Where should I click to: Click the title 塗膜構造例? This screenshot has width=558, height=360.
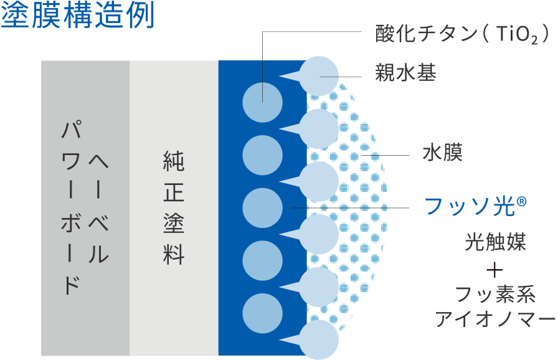[x=78, y=14]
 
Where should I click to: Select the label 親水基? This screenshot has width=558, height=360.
[x=405, y=73]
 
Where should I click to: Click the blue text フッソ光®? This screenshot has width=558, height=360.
[x=475, y=206]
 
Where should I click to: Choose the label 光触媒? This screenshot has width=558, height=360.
[x=495, y=242]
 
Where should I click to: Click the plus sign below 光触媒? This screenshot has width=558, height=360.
[x=495, y=271]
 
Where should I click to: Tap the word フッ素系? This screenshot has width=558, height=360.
[x=495, y=294]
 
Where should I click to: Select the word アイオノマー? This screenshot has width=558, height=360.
[x=495, y=318]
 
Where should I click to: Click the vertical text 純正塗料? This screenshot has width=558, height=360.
[x=174, y=208]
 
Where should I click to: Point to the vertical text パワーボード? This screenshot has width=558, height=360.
[x=72, y=207]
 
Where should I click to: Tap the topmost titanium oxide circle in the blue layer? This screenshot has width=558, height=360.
[x=263, y=102]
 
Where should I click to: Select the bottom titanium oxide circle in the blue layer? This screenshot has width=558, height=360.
[x=263, y=313]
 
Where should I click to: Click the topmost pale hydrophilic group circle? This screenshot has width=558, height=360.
[x=319, y=76]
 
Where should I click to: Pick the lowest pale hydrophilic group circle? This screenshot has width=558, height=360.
[x=319, y=339]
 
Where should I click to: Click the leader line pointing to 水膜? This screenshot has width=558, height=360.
[x=385, y=156]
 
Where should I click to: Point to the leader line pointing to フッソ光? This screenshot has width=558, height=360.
[x=351, y=207]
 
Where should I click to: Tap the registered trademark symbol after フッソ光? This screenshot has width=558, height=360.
[x=521, y=202]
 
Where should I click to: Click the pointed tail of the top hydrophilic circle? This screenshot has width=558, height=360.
[x=280, y=75]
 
